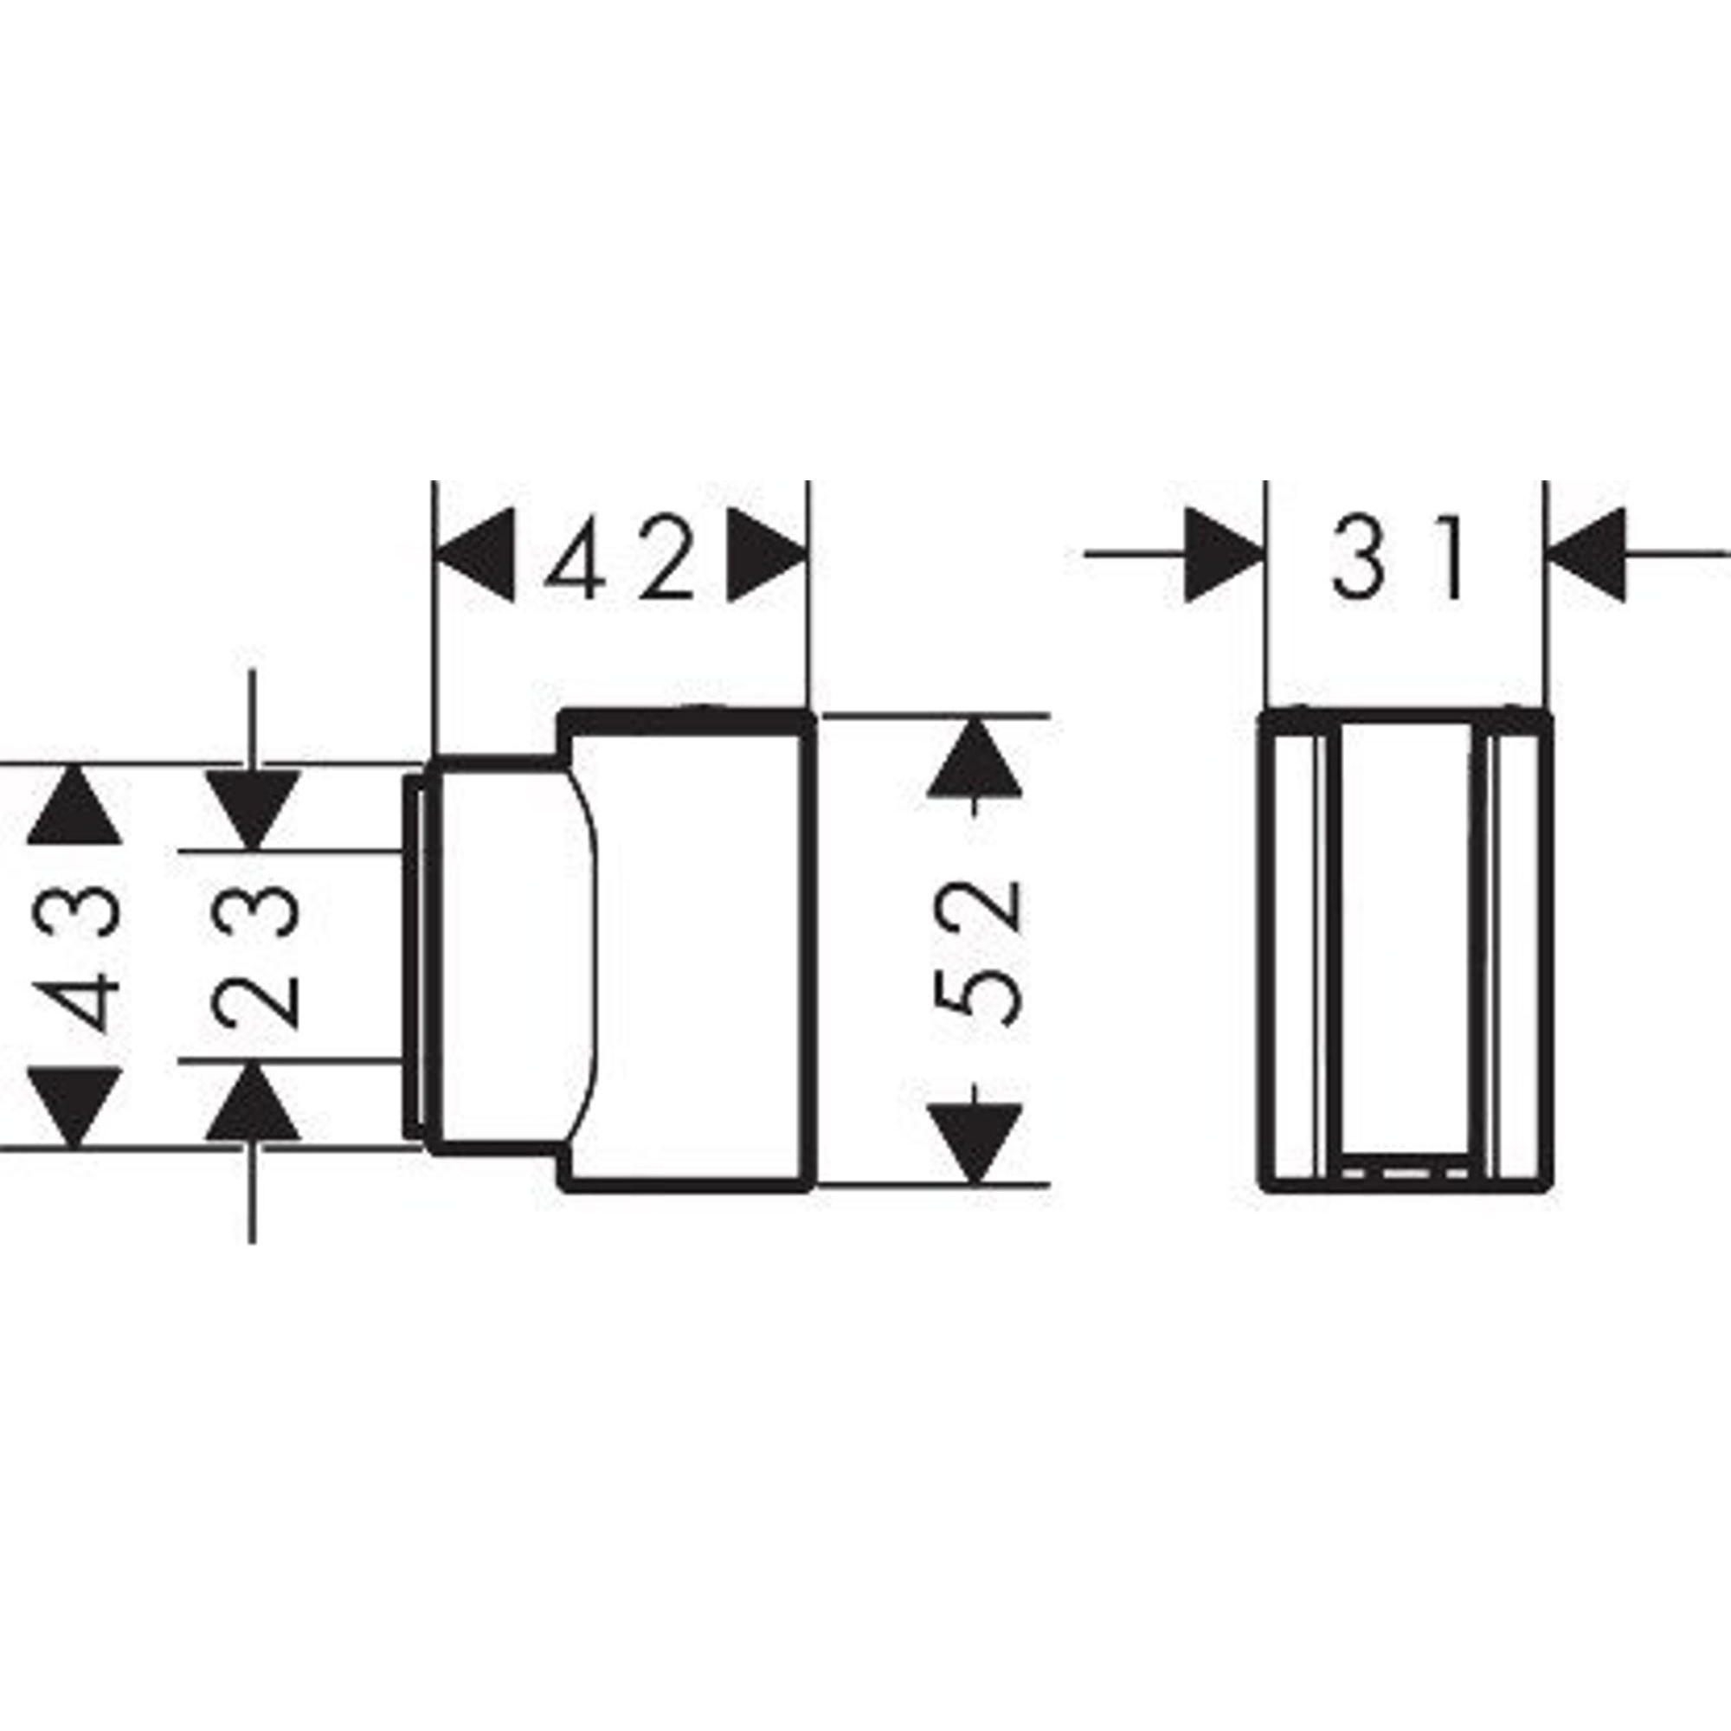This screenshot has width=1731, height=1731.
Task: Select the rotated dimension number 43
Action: (x=75, y=956)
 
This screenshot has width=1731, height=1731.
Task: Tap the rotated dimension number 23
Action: (x=254, y=956)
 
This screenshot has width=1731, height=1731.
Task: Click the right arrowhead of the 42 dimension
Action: (x=766, y=555)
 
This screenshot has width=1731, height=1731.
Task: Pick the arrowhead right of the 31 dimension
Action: (x=1588, y=555)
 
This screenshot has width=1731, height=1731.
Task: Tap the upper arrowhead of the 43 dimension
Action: (x=74, y=807)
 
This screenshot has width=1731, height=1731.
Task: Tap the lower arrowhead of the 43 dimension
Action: (x=74, y=1106)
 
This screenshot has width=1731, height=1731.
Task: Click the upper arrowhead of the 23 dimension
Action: (x=253, y=808)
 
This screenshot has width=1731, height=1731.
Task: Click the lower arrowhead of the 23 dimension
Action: (x=253, y=1101)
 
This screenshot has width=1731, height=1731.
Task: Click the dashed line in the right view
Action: (x=1404, y=1171)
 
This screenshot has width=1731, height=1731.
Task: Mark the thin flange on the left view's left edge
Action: (x=412, y=956)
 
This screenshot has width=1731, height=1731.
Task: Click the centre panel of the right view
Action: (x=1404, y=941)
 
